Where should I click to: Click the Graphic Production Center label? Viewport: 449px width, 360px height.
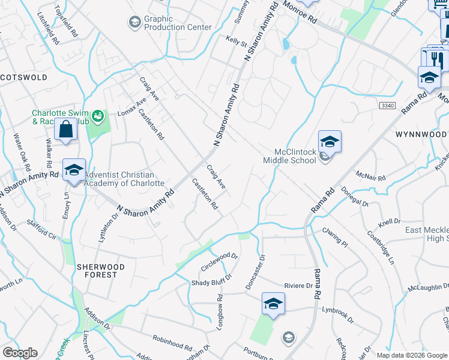point(178,23)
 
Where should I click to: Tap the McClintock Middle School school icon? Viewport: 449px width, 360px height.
point(330,142)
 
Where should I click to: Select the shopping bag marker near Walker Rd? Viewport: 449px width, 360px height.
point(65,130)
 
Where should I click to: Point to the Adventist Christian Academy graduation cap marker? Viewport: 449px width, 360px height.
point(74,170)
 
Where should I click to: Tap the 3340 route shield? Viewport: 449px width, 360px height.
point(387,105)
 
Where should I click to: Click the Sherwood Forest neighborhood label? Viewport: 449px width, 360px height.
point(101,271)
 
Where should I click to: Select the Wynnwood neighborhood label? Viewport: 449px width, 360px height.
point(421,134)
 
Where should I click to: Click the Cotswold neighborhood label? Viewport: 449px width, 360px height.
point(23,77)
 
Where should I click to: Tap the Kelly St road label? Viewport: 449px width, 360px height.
point(236,42)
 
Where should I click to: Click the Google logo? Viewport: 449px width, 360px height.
point(20,353)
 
